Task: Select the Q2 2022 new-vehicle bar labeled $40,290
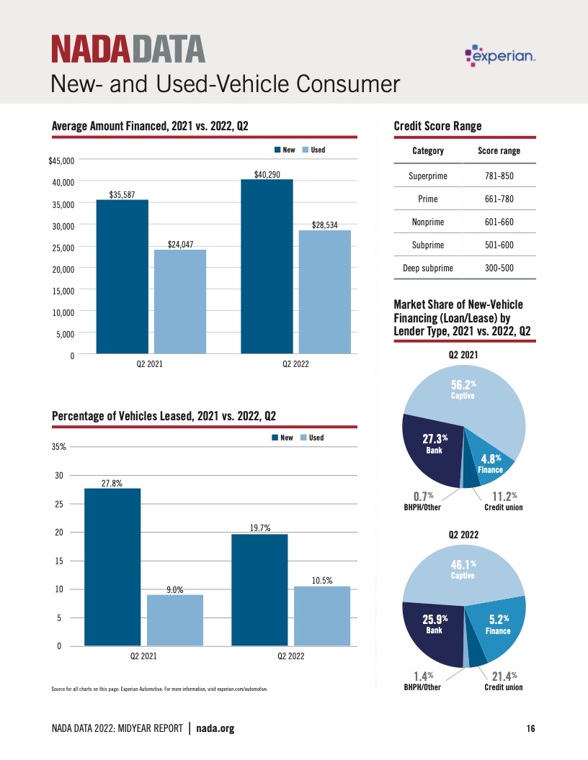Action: [x=267, y=266]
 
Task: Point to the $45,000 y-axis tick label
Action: [x=61, y=160]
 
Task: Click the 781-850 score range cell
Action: [x=499, y=176]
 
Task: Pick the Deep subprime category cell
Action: [x=427, y=268]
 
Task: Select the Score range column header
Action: [x=499, y=150]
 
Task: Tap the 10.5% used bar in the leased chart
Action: [x=322, y=616]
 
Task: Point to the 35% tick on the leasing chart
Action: [x=58, y=447]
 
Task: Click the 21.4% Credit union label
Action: [x=503, y=681]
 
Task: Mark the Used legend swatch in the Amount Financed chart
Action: [x=306, y=150]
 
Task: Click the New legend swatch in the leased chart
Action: [x=275, y=438]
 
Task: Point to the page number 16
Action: [x=530, y=729]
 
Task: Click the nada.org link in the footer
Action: [x=215, y=729]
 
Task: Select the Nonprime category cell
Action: [x=427, y=222]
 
